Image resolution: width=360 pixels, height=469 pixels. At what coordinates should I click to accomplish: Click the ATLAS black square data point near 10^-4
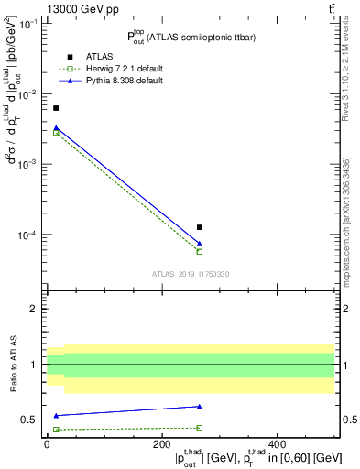[200, 227]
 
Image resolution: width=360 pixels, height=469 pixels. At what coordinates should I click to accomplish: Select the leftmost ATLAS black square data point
[56, 108]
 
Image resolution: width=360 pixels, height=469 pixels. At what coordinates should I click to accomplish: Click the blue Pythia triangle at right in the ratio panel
[200, 407]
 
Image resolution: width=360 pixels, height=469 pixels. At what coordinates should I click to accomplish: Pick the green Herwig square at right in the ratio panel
[200, 428]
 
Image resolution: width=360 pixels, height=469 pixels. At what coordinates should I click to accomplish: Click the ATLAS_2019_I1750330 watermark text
[191, 274]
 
